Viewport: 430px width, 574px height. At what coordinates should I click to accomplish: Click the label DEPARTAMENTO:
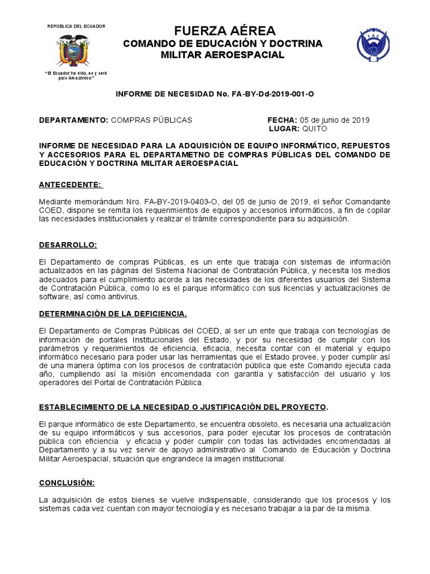[73, 120]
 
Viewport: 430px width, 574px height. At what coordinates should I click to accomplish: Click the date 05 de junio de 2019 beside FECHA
[335, 120]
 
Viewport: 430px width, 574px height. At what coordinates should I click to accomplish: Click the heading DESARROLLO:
[68, 245]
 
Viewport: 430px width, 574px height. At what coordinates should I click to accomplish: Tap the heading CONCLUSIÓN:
[67, 483]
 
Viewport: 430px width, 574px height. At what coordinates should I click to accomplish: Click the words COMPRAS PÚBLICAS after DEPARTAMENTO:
[151, 120]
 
